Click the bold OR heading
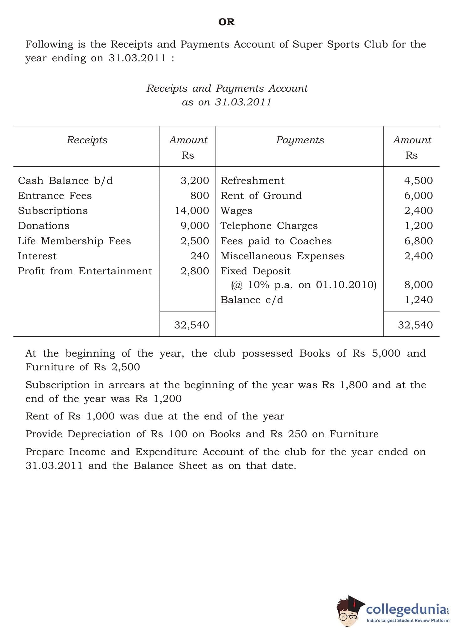(226, 22)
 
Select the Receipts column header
(87, 140)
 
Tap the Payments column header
(300, 140)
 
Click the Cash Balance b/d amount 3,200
(195, 180)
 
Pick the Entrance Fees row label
(55, 196)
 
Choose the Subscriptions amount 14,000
(192, 211)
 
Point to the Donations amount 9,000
(195, 226)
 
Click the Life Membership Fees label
(74, 241)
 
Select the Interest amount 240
(200, 256)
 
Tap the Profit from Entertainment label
(85, 271)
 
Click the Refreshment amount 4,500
(418, 180)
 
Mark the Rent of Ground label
(261, 196)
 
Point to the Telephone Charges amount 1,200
(419, 226)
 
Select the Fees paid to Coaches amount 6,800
(418, 241)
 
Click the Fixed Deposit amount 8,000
(418, 285)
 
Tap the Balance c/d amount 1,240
(419, 300)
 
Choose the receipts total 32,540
(191, 325)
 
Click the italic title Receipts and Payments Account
(227, 88)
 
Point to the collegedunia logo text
(406, 609)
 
